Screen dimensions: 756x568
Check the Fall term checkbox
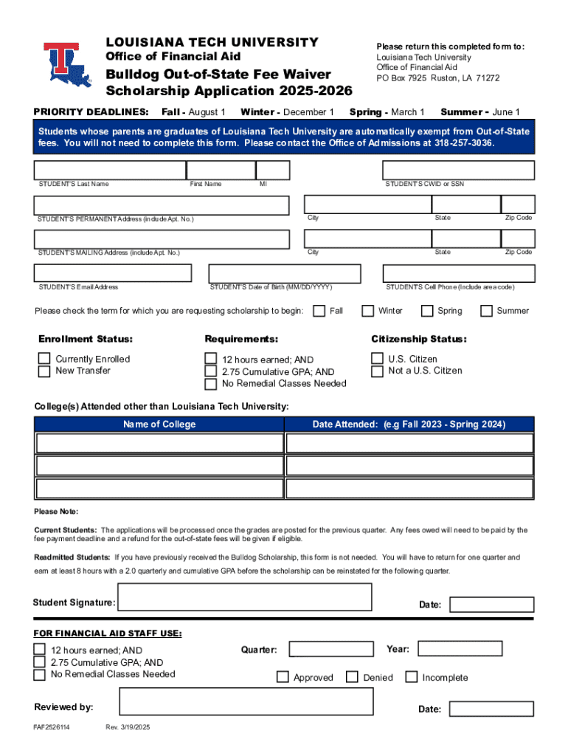[319, 311]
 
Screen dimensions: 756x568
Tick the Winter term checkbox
[367, 311]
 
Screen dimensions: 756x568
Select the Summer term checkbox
[486, 311]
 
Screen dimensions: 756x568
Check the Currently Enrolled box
[44, 359]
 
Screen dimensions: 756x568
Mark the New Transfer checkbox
[44, 371]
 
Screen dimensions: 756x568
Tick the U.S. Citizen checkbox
[377, 359]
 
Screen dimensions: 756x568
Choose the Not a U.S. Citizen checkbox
[377, 371]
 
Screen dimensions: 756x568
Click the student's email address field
[112, 273]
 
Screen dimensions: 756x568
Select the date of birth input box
[285, 273]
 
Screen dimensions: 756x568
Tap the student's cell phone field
[458, 273]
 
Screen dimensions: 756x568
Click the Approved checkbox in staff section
[283, 677]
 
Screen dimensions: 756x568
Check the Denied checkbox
[353, 677]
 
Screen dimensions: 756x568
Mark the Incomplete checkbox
[411, 677]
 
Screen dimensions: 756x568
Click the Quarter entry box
[331, 649]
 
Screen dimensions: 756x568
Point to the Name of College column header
[159, 425]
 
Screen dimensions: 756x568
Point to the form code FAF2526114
[52, 728]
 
